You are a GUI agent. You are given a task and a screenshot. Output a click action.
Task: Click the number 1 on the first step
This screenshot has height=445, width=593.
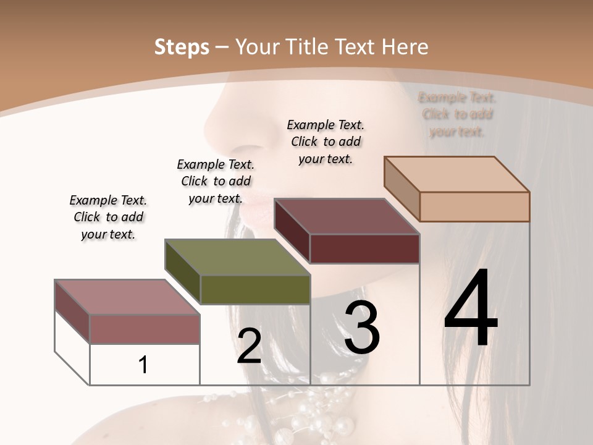(x=143, y=365)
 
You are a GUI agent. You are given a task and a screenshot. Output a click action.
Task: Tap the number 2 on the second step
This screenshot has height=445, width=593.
(x=249, y=346)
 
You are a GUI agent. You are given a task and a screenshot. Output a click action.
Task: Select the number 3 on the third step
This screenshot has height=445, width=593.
(x=361, y=327)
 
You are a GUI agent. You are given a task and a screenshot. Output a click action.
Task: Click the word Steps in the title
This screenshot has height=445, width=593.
(x=182, y=47)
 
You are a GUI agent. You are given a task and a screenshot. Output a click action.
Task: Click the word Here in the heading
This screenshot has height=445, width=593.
(x=405, y=47)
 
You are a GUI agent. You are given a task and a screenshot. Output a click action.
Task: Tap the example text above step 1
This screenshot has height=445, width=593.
(x=108, y=217)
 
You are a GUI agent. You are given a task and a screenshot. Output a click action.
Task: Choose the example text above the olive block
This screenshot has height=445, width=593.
(x=216, y=181)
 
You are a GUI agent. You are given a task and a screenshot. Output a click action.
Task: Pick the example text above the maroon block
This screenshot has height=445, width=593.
(x=326, y=142)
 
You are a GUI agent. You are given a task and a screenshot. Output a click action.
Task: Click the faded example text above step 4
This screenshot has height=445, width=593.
(x=457, y=114)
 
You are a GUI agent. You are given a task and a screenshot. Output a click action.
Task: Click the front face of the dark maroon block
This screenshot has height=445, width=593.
(x=364, y=249)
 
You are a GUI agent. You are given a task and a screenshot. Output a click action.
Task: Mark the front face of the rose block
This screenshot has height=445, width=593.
(x=145, y=329)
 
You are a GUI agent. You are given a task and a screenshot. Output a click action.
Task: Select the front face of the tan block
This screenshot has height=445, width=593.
(x=474, y=206)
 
